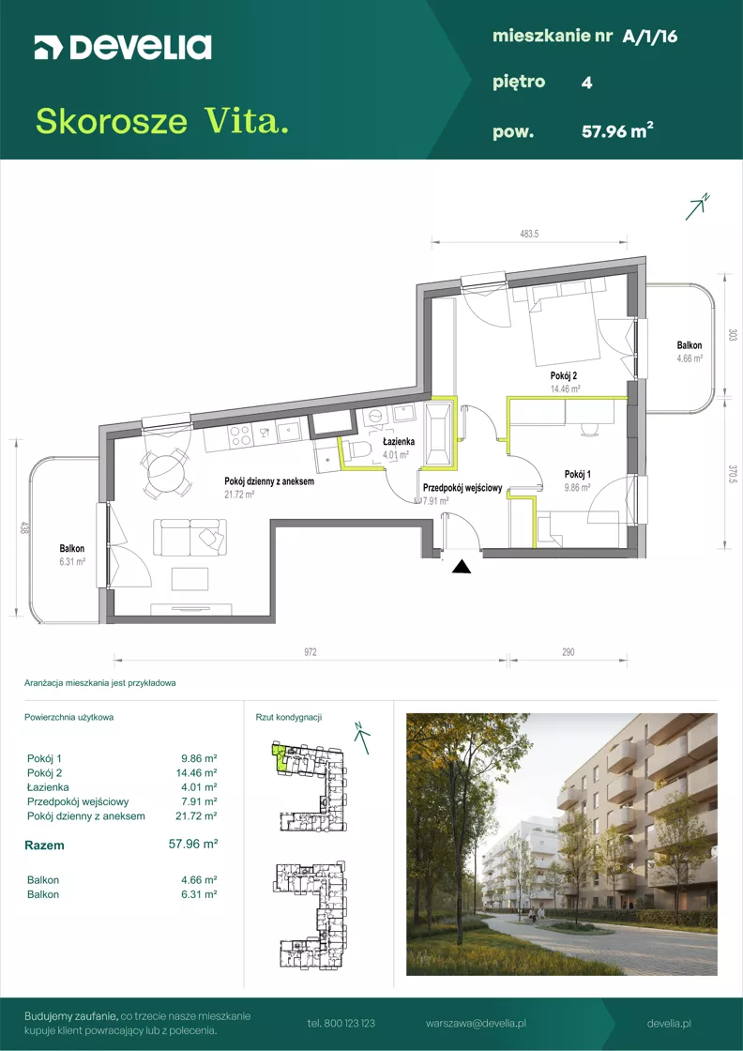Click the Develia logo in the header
click(x=123, y=48)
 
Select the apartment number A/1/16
click(x=650, y=37)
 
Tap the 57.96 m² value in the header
click(x=617, y=131)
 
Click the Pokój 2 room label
click(x=561, y=376)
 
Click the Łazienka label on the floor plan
click(x=399, y=442)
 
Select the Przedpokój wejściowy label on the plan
click(x=462, y=489)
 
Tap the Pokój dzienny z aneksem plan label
click(x=269, y=481)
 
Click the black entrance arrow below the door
click(x=462, y=567)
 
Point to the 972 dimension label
click(x=309, y=651)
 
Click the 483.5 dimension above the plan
click(x=529, y=234)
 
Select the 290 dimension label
click(x=568, y=651)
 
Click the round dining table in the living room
click(x=165, y=472)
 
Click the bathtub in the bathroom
click(x=439, y=434)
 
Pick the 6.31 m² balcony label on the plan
click(x=70, y=562)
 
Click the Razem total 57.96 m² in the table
click(x=194, y=845)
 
